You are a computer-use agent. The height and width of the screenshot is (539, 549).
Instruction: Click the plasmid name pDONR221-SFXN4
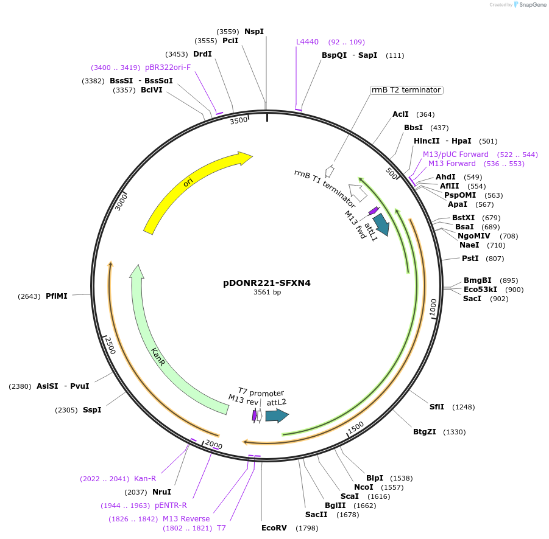pos(267,283)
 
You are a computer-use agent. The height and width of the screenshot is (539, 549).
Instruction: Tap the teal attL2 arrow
pos(277,416)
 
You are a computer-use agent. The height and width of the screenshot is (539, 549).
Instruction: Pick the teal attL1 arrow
pos(381,224)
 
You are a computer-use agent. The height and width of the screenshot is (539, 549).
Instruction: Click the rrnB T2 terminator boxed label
pos(406,90)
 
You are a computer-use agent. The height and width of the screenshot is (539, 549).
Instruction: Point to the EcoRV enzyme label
pos(274,527)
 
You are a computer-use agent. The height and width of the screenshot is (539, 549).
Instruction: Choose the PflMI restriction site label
pos(57,296)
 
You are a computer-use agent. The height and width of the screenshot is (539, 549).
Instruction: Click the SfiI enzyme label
pos(437,406)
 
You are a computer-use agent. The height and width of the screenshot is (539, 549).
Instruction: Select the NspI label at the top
pos(254,31)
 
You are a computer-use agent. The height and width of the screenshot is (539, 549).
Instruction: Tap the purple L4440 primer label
pos(307,42)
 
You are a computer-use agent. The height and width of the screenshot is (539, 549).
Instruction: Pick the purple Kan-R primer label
pos(145,478)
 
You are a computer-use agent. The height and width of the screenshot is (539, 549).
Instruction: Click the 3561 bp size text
pos(267,293)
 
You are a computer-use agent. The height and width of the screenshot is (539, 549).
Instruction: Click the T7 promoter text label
pos(261,392)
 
